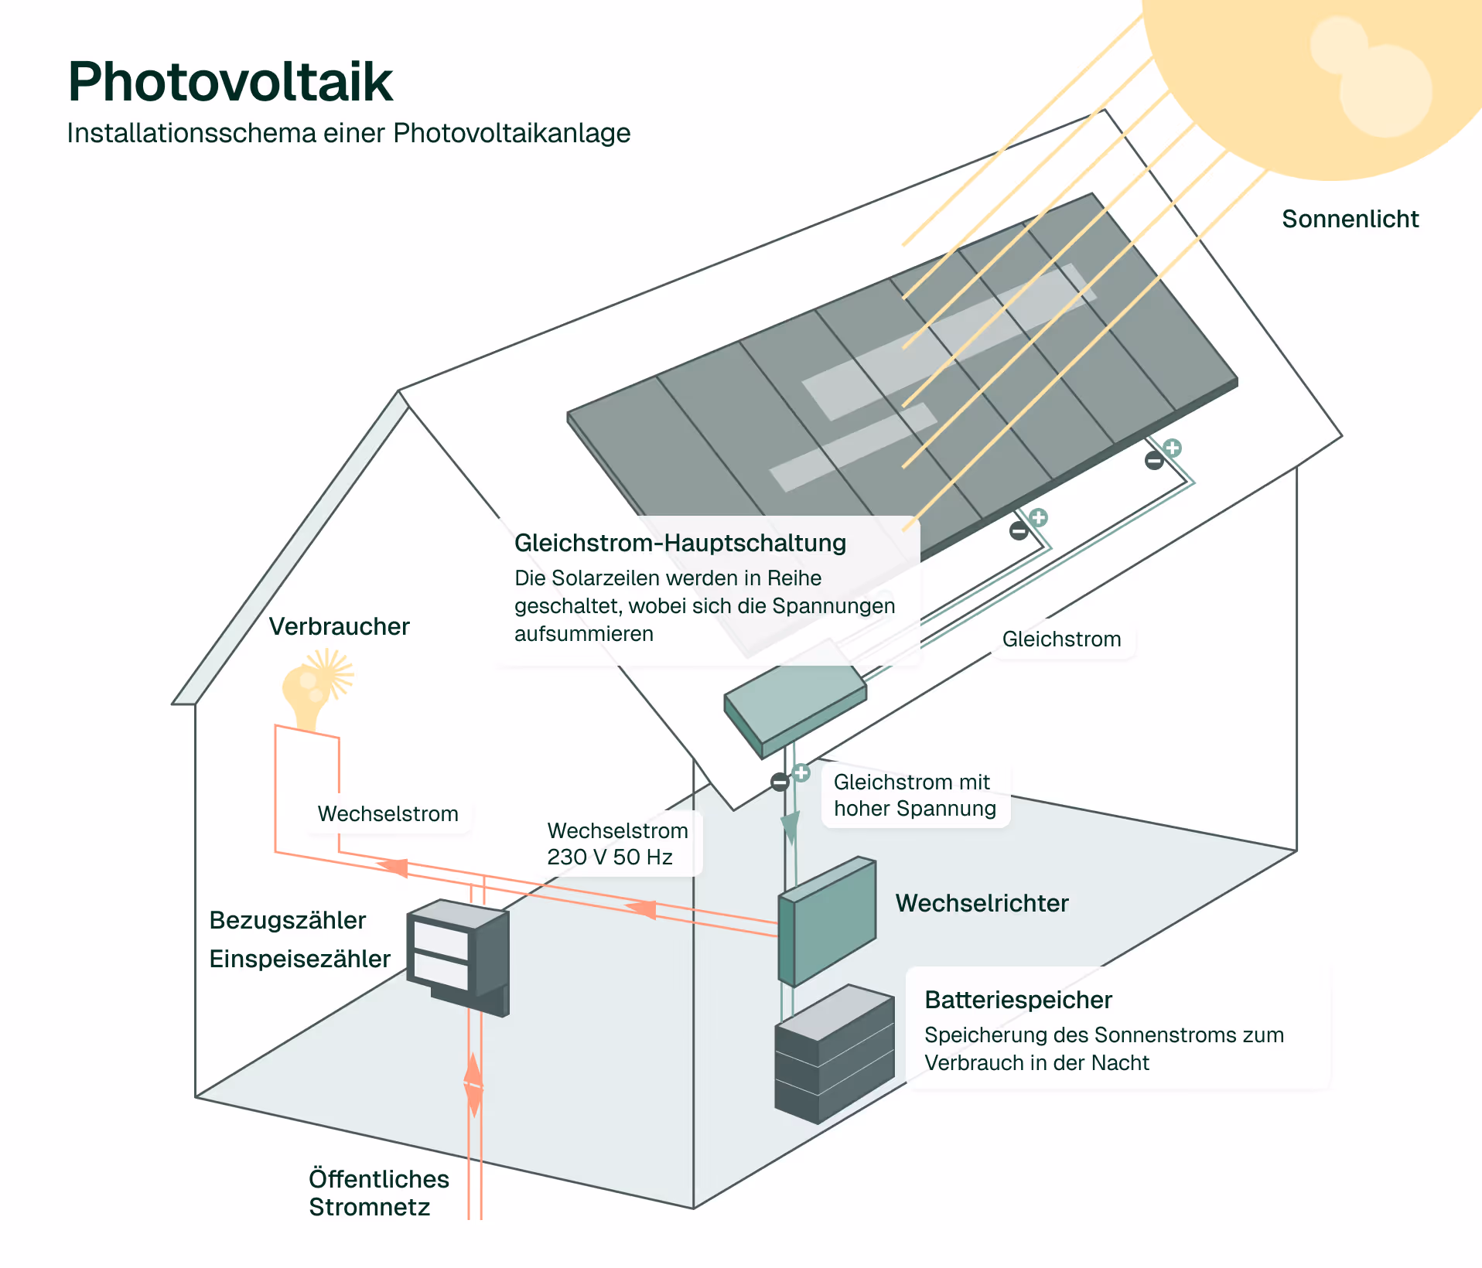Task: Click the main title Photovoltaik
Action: pos(230,82)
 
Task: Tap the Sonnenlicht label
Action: pos(1350,219)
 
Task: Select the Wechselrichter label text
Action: pos(982,903)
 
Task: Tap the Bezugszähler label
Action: pos(287,920)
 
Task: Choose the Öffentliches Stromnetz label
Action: pos(378,1192)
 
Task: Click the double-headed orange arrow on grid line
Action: pos(473,1085)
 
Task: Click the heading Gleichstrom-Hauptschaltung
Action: pos(680,543)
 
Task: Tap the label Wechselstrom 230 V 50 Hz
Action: pos(616,844)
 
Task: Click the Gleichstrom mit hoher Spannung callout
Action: pos(914,795)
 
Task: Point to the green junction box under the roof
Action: pos(795,700)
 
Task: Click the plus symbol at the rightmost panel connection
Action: pos(1173,448)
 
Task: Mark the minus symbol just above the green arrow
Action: pos(780,782)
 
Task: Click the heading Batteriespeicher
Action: pos(1018,1000)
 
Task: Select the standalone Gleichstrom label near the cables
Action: pos(1061,639)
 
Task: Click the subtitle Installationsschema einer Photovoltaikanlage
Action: pos(348,133)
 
